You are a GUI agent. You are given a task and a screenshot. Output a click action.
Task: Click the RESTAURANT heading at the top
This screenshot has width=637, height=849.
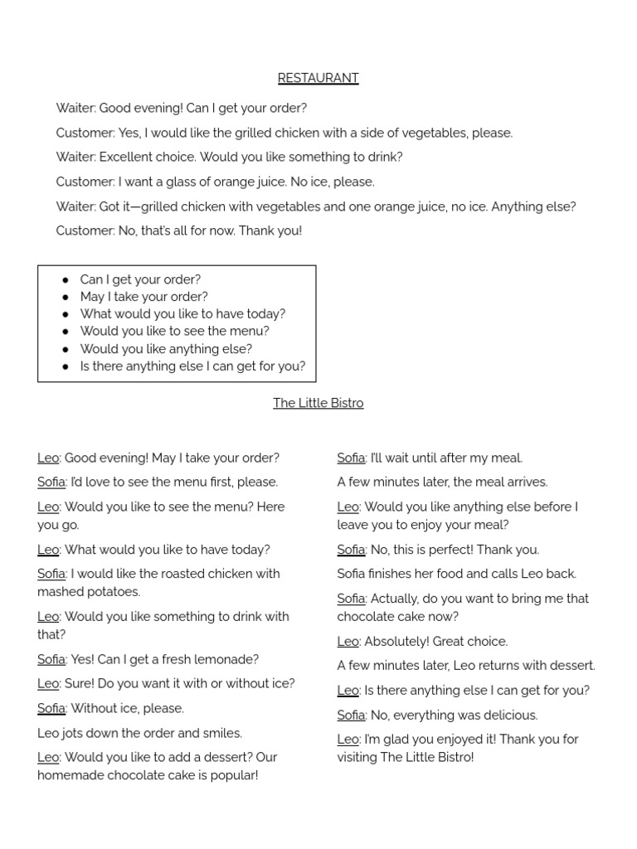(x=318, y=78)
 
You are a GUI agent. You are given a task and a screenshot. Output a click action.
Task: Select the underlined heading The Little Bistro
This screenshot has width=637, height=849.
(x=318, y=403)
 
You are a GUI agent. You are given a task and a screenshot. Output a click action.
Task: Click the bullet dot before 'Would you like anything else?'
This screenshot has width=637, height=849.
(x=66, y=349)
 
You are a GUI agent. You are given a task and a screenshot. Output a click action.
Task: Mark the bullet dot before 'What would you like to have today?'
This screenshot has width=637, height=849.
(x=66, y=314)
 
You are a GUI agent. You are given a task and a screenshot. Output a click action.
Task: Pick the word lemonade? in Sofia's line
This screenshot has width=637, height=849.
(x=227, y=659)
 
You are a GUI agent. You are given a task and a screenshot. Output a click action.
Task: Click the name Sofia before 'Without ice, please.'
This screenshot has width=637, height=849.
(x=51, y=708)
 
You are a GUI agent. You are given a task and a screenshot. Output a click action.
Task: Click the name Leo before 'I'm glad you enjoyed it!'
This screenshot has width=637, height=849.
(x=348, y=739)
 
